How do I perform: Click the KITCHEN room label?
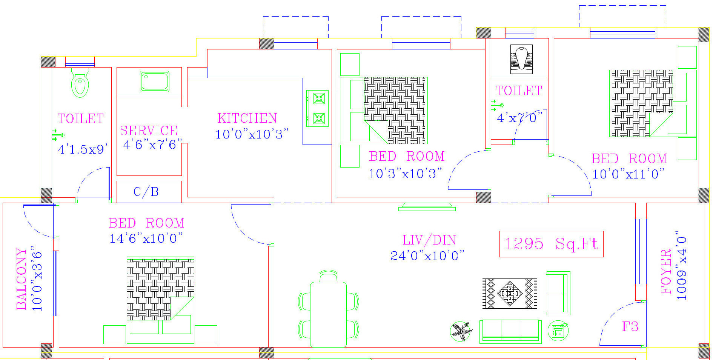247,118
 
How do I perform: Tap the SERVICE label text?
149,131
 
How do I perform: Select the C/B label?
146,192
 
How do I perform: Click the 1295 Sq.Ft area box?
551,244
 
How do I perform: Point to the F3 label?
630,326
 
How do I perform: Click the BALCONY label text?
22,278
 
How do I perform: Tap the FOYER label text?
666,271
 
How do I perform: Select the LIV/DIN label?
429,240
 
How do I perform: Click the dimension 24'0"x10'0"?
427,256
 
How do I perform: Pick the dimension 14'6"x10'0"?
146,238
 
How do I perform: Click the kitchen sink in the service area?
154,81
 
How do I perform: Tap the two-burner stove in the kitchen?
318,108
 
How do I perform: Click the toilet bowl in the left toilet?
80,83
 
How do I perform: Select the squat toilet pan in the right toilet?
521,59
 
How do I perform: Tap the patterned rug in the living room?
510,293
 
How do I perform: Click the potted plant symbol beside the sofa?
461,331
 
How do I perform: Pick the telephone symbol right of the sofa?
558,331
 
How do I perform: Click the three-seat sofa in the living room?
510,331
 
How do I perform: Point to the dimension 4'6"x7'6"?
152,145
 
